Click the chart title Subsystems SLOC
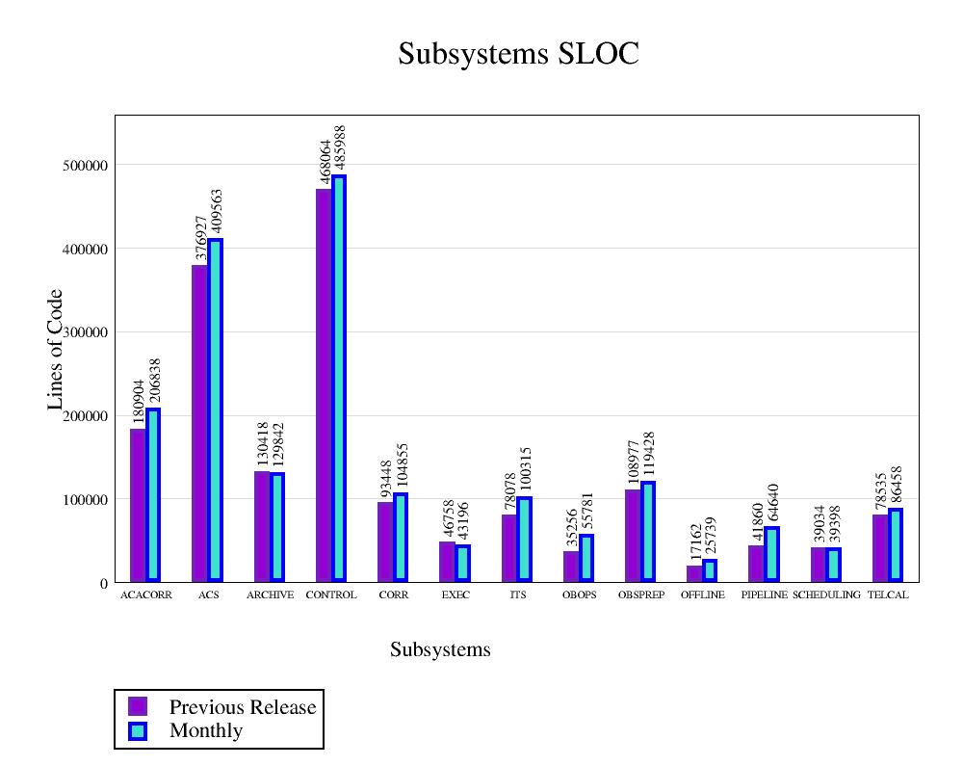point(518,54)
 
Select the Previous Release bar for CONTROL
point(324,385)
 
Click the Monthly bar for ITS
point(524,540)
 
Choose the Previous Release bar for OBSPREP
point(632,536)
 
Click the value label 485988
point(339,147)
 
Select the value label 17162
point(695,543)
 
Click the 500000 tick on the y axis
point(83,166)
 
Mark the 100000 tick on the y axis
point(83,500)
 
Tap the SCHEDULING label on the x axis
point(826,595)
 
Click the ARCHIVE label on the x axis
point(270,595)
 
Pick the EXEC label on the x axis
point(455,595)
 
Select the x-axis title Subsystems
point(440,650)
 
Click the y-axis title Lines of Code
point(56,349)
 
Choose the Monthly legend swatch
point(138,730)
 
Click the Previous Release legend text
point(243,707)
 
